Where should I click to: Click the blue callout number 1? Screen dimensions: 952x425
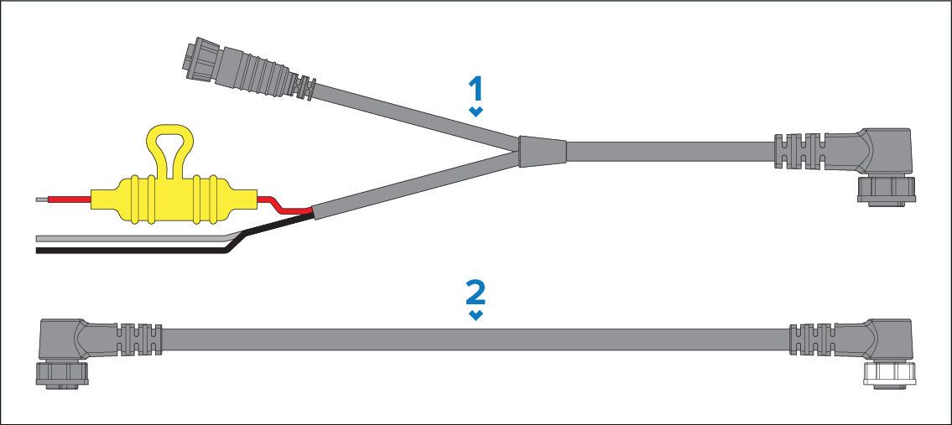click(x=476, y=89)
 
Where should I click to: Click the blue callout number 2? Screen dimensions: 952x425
click(x=476, y=293)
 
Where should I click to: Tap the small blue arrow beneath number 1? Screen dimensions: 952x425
click(x=476, y=111)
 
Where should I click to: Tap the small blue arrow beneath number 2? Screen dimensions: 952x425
click(x=476, y=316)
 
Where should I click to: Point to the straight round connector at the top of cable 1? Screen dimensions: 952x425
click(x=249, y=70)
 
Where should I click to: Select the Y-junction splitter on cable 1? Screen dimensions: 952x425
click(x=542, y=151)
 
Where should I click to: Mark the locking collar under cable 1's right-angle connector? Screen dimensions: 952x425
click(x=886, y=191)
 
